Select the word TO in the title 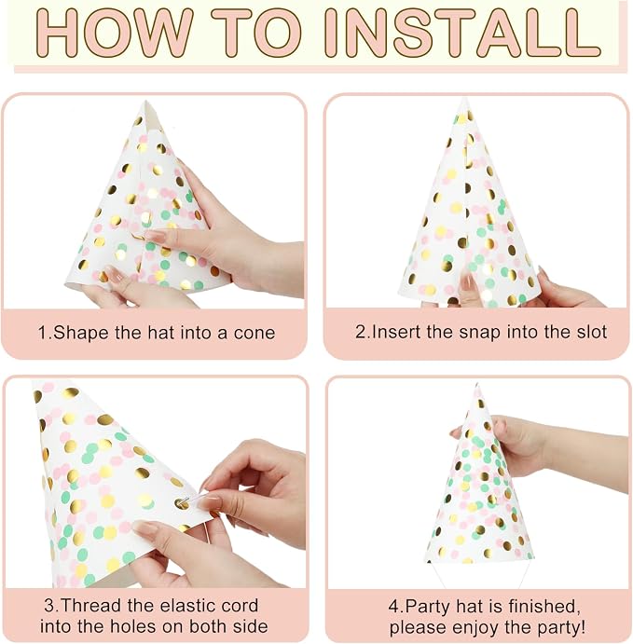click(x=256, y=32)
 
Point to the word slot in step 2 click(x=591, y=332)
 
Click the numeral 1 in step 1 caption click(x=43, y=333)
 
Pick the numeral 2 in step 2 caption click(x=360, y=332)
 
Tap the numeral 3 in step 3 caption click(x=49, y=606)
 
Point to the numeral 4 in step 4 click(x=393, y=607)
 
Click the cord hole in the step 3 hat click(x=180, y=503)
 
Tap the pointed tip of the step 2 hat click(x=464, y=99)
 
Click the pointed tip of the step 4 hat click(x=477, y=384)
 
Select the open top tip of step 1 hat click(x=144, y=103)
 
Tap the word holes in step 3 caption click(x=134, y=627)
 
